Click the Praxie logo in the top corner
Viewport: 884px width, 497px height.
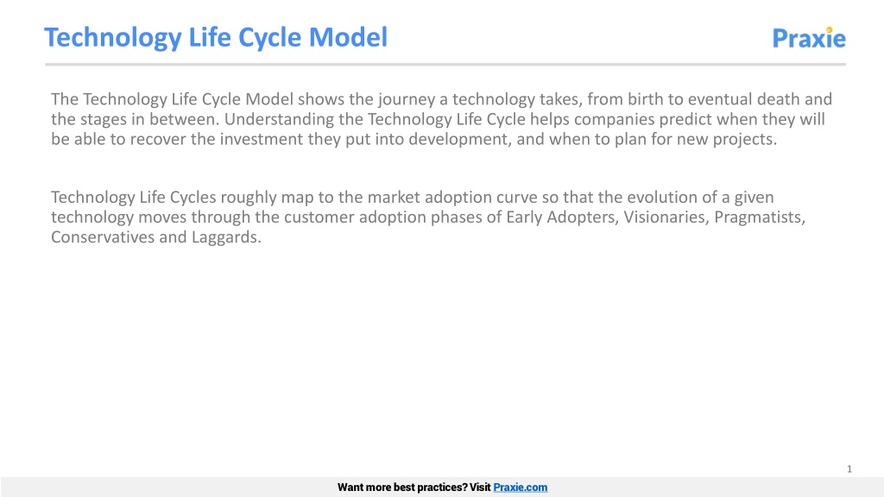pyautogui.click(x=808, y=38)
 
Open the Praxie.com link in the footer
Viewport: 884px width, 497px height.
pyautogui.click(x=520, y=488)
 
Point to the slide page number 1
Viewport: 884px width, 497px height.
pyautogui.click(x=849, y=469)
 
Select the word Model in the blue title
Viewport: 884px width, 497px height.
pyautogui.click(x=348, y=37)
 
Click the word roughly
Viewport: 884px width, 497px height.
pyautogui.click(x=248, y=198)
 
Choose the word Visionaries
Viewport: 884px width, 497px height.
pyautogui.click(x=666, y=217)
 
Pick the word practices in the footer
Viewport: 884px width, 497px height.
pyautogui.click(x=438, y=488)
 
